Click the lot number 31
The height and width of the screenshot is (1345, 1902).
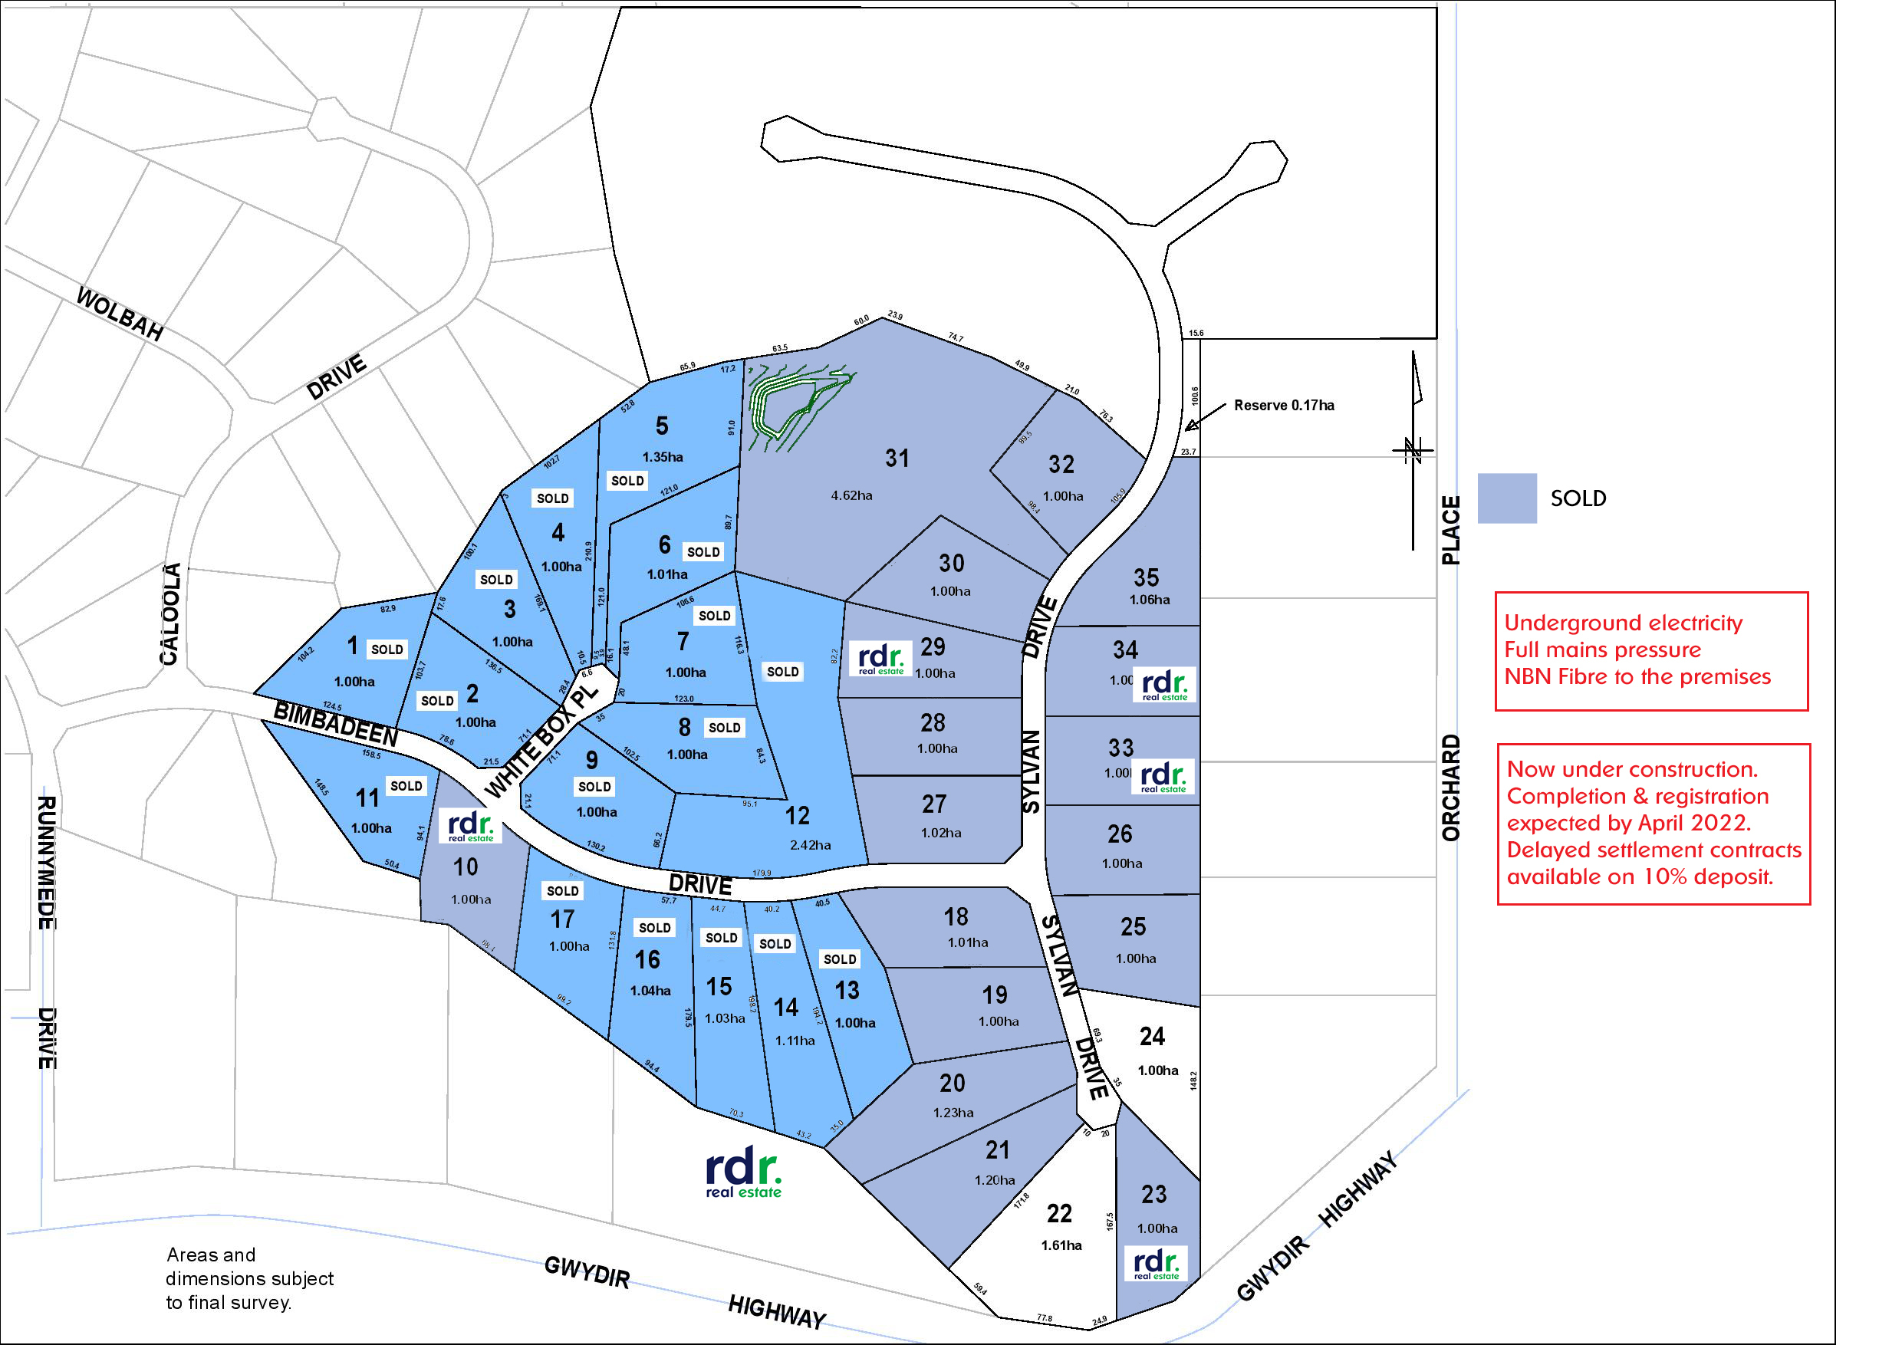(897, 458)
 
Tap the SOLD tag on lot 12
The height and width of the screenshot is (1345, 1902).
(782, 672)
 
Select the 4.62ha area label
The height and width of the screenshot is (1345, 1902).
(851, 495)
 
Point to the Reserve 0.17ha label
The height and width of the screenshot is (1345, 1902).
(1283, 405)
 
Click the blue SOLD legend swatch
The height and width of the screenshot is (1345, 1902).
(1507, 498)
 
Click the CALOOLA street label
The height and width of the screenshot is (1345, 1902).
(169, 613)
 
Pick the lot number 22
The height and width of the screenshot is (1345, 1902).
(1058, 1213)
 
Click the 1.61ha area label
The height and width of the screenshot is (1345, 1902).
(1061, 1245)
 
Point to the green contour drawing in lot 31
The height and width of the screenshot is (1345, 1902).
(791, 403)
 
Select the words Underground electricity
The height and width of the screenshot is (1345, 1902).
(1623, 623)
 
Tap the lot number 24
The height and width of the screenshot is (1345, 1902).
(1151, 1036)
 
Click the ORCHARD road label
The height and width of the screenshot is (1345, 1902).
(1450, 788)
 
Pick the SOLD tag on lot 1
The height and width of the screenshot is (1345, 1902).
(387, 649)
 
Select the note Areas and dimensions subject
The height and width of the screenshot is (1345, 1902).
(249, 1278)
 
